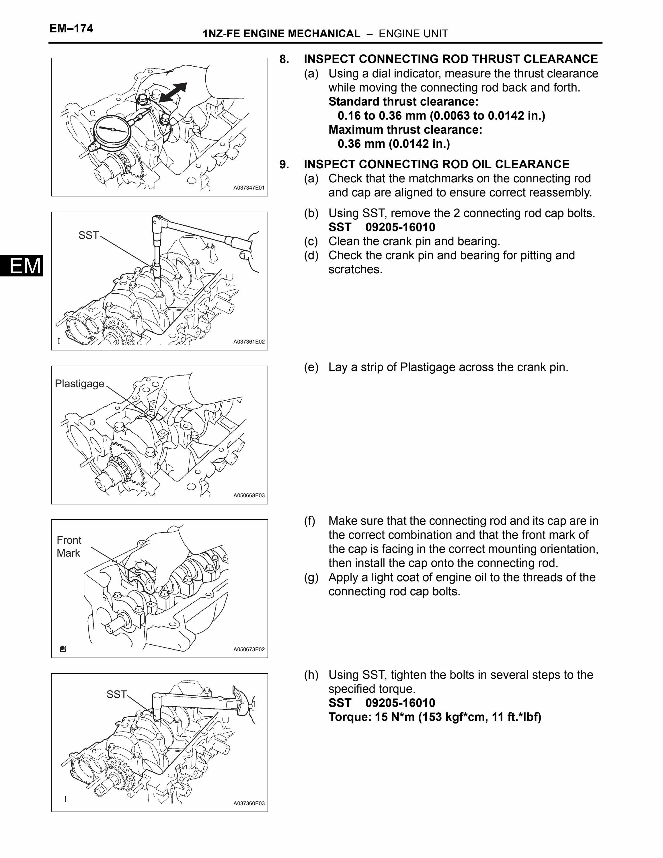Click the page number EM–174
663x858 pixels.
(x=71, y=29)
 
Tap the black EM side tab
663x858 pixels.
(x=22, y=266)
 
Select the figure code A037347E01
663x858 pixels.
(x=249, y=188)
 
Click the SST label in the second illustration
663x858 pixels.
(x=88, y=235)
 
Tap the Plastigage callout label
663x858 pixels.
(x=80, y=383)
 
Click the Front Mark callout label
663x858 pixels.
(x=69, y=547)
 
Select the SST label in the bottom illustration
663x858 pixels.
(x=116, y=694)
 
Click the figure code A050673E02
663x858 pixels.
(x=249, y=650)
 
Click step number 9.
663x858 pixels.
(x=284, y=164)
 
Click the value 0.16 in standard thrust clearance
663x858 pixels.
(x=349, y=116)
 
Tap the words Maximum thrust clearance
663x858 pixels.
(x=405, y=130)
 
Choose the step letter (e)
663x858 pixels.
(x=311, y=367)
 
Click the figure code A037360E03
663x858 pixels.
(x=249, y=804)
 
